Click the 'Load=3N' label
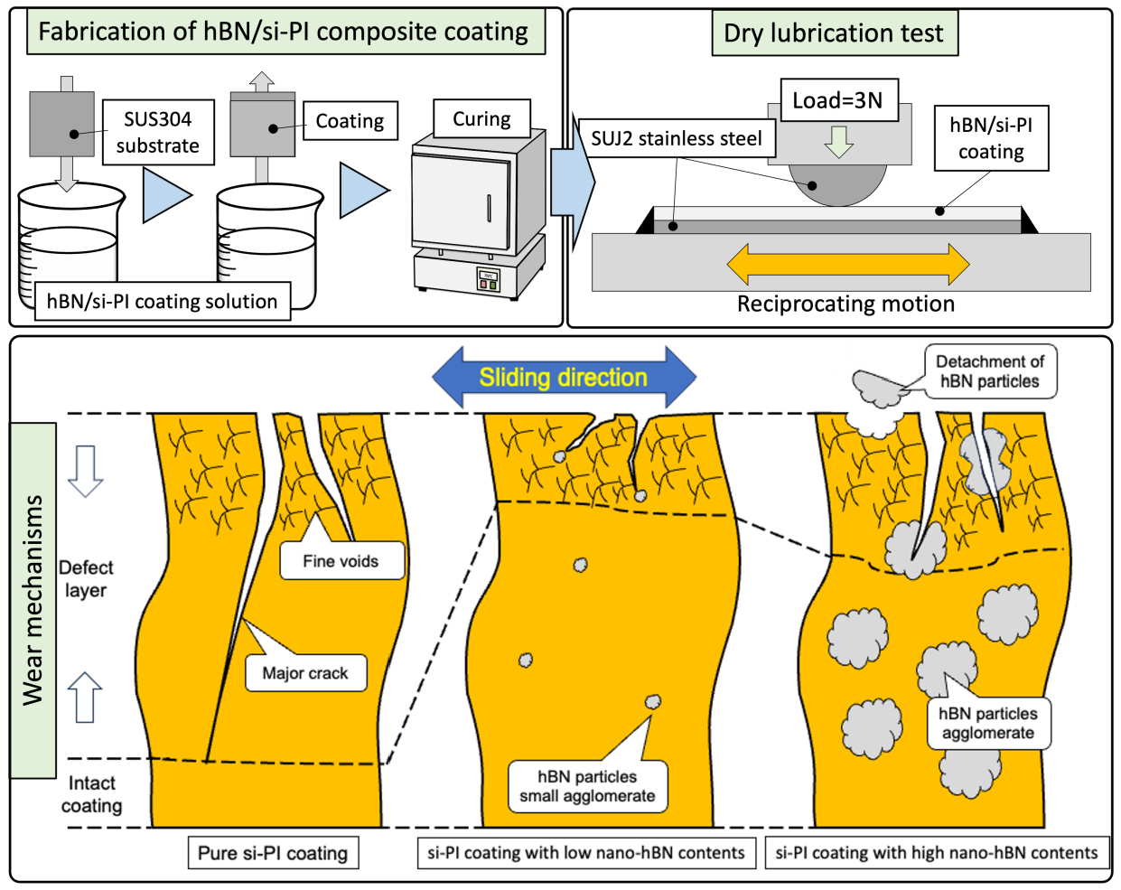point(838,99)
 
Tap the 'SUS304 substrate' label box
point(158,132)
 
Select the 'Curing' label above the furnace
point(481,118)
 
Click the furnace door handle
point(489,208)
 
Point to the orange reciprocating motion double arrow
point(847,264)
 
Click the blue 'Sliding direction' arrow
point(564,377)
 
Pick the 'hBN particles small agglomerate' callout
point(587,786)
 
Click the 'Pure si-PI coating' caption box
point(273,853)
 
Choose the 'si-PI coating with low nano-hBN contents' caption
point(586,853)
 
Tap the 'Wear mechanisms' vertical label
point(33,600)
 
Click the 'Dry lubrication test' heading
point(835,33)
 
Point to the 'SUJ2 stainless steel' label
point(677,138)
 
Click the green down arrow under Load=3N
point(838,142)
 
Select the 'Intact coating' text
point(91,794)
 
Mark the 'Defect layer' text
point(86,579)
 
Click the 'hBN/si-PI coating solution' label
point(163,301)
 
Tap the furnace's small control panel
point(489,280)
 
